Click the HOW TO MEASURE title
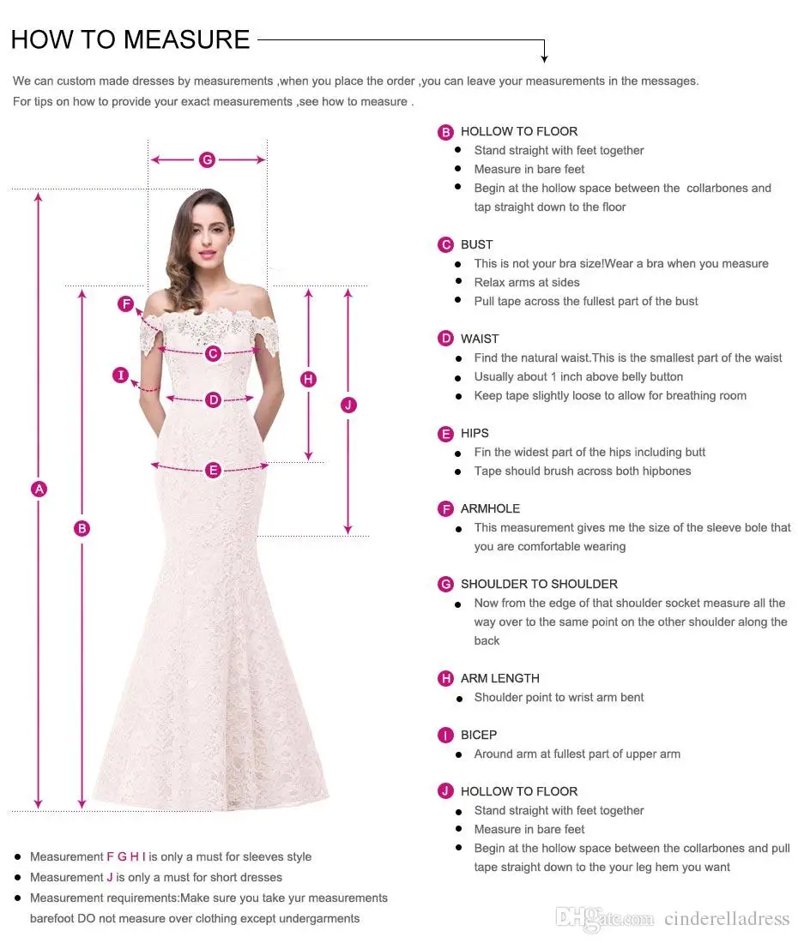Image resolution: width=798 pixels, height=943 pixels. [x=130, y=39]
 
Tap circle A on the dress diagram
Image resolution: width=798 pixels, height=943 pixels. [x=39, y=489]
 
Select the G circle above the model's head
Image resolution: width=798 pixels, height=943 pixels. [x=207, y=159]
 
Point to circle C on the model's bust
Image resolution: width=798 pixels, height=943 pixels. [x=213, y=353]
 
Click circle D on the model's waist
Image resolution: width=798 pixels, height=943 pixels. [x=213, y=399]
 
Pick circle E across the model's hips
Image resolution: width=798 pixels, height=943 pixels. [x=213, y=469]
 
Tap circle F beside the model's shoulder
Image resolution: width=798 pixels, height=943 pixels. [x=126, y=303]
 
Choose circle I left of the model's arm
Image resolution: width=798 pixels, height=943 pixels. [x=120, y=375]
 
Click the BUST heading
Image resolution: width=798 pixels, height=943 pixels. [x=476, y=244]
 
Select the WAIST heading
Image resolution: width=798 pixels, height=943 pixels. [x=479, y=339]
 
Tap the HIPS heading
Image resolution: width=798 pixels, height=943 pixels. [x=475, y=433]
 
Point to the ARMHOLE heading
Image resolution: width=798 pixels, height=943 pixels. [x=490, y=508]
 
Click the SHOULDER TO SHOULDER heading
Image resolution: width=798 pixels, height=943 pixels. [x=539, y=584]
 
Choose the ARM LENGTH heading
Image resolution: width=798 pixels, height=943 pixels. [x=499, y=678]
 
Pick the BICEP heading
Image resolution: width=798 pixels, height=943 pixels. [x=478, y=735]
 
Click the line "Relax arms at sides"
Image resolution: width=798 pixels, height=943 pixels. [x=527, y=282]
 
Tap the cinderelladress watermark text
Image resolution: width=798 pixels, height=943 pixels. [x=726, y=919]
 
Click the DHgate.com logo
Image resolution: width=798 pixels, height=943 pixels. [x=604, y=918]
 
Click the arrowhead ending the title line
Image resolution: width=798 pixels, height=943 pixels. [x=544, y=58]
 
